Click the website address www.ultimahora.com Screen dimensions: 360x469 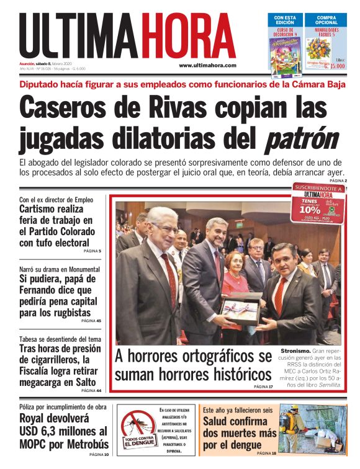[207, 65]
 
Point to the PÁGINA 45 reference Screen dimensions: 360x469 [91, 321]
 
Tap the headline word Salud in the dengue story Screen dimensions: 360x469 [218, 421]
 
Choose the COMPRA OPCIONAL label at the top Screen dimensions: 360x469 [326, 19]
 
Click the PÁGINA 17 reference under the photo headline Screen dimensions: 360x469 [263, 386]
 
